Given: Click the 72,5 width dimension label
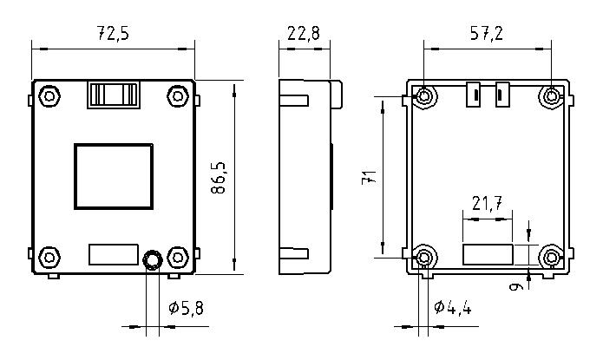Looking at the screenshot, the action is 113,33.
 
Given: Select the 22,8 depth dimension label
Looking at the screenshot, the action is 304,33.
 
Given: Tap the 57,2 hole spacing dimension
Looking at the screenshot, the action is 487,33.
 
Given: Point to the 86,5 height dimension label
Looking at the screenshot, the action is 219,177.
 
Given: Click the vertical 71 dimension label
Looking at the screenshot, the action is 370,177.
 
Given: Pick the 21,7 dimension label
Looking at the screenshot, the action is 488,203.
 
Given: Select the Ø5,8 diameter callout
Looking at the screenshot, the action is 187,308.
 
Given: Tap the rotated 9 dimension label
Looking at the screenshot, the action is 515,286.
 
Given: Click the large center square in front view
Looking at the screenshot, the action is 114,177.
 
